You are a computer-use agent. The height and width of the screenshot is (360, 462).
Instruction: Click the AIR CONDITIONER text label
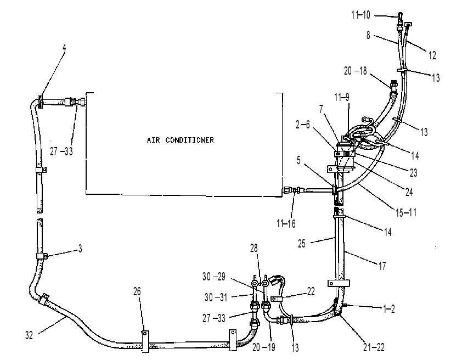(x=181, y=140)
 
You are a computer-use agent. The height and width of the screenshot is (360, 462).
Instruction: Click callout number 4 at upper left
(x=64, y=47)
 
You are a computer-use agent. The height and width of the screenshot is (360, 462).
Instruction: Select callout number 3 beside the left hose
(x=80, y=249)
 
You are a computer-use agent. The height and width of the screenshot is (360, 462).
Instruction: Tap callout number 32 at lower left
(x=29, y=335)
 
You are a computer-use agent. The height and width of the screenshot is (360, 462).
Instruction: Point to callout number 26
(x=137, y=291)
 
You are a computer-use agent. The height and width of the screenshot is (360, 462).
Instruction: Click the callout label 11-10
(x=360, y=15)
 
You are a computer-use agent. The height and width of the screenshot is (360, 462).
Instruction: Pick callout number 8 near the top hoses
(x=368, y=35)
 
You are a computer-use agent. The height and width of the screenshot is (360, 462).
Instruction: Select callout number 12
(x=432, y=55)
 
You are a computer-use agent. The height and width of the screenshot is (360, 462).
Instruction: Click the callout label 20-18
(x=356, y=71)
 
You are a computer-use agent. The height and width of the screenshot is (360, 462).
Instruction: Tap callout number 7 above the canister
(x=322, y=109)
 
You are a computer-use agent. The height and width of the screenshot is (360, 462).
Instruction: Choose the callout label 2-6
(x=302, y=125)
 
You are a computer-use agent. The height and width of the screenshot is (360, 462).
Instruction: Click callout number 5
(x=298, y=160)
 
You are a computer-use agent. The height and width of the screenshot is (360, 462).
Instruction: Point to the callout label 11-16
(x=286, y=223)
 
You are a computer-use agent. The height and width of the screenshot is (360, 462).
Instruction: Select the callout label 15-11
(x=405, y=212)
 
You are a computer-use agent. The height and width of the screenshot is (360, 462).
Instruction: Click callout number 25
(x=301, y=244)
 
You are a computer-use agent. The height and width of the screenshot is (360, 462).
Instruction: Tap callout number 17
(x=382, y=266)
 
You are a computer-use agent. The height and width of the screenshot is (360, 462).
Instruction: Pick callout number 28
(x=253, y=248)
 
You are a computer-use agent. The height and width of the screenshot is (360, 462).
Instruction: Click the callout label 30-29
(x=214, y=277)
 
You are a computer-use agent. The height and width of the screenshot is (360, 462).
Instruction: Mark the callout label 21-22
(x=374, y=347)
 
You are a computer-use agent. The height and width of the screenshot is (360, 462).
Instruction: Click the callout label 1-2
(x=389, y=309)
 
